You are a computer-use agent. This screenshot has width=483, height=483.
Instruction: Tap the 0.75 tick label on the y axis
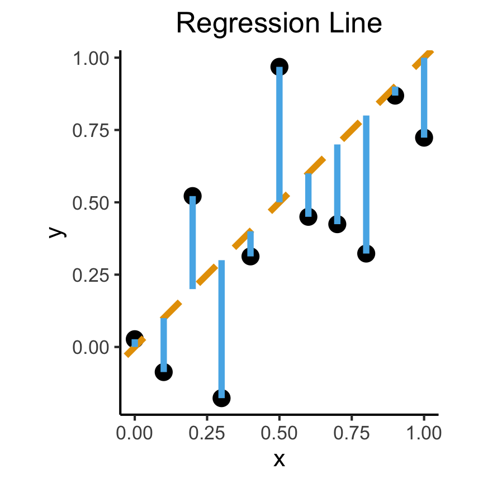(x=91, y=130)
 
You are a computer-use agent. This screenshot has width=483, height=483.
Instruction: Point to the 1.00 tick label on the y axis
(x=91, y=58)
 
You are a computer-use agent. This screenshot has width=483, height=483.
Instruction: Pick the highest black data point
(x=279, y=67)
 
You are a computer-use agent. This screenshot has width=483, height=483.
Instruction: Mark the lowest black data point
(x=221, y=398)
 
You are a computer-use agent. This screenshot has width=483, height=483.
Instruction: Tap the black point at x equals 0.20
(x=192, y=196)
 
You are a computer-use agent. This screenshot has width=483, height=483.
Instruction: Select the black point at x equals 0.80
(x=366, y=253)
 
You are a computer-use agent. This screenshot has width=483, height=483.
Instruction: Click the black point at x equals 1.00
(x=424, y=138)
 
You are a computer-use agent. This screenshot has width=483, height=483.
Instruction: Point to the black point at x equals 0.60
(x=308, y=216)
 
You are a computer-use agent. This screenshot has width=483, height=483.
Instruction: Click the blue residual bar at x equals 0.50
(x=279, y=134)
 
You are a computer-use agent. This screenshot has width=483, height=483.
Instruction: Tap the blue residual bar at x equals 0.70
(x=337, y=184)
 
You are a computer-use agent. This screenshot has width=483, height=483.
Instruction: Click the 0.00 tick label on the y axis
(x=91, y=347)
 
